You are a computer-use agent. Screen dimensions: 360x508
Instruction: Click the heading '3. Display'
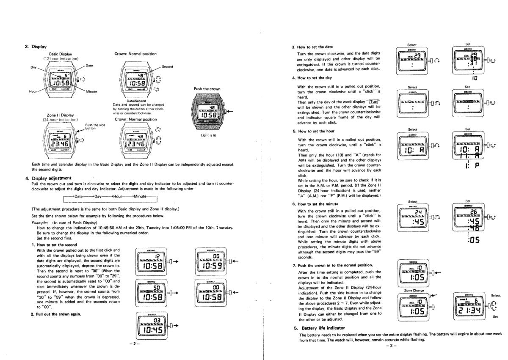click(x=37, y=47)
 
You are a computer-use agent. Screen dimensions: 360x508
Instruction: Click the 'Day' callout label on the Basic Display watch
click(x=33, y=67)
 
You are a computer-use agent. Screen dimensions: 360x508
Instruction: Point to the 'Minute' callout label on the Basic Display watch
click(x=91, y=91)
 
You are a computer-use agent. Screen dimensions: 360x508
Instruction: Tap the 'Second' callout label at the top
click(x=168, y=67)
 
